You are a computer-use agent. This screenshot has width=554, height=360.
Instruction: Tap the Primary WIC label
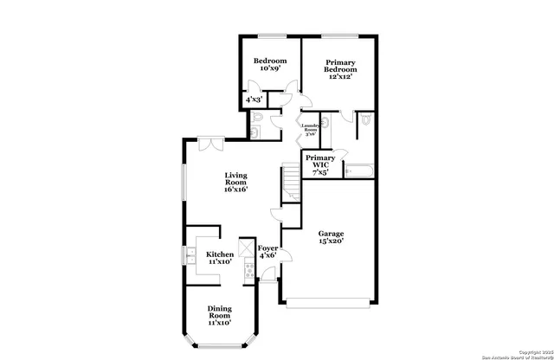[319, 164]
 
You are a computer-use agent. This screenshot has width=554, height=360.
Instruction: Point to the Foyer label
[267, 252]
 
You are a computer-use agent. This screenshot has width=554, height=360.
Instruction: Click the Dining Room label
[219, 315]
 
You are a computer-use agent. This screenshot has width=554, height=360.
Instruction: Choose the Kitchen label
[219, 258]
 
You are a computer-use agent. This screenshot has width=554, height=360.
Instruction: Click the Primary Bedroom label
[340, 69]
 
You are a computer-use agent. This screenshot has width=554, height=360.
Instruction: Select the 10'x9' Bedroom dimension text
[269, 69]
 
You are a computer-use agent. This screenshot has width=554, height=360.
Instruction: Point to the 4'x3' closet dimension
[254, 100]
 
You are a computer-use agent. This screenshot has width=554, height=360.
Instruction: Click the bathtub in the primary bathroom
[358, 170]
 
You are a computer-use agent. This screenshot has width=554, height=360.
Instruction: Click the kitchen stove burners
[248, 272]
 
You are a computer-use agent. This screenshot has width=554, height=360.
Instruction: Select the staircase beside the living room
[291, 183]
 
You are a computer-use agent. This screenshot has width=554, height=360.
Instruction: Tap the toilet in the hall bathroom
[257, 131]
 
